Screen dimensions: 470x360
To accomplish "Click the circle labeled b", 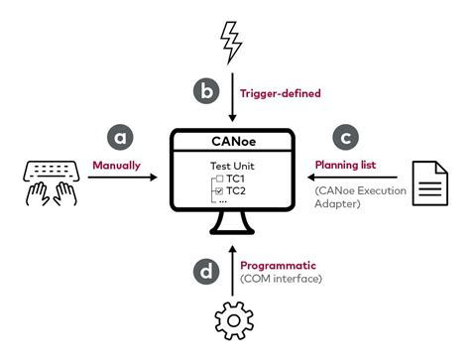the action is click(204, 93).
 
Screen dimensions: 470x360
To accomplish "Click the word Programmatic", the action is click(279, 264).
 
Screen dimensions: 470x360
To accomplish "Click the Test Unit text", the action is click(230, 165).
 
